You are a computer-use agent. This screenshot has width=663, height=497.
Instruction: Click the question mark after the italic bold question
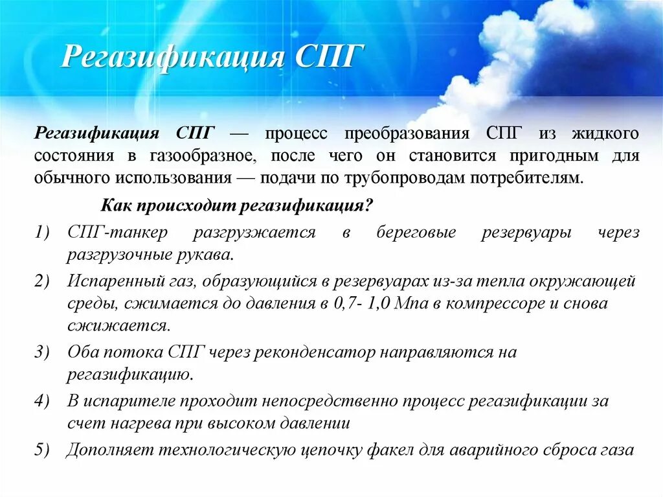pos(370,205)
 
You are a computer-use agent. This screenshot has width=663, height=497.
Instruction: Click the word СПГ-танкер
pos(117,233)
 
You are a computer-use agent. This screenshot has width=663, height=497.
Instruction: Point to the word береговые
pos(416,233)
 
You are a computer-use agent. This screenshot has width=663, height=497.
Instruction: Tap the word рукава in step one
pos(200,254)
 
